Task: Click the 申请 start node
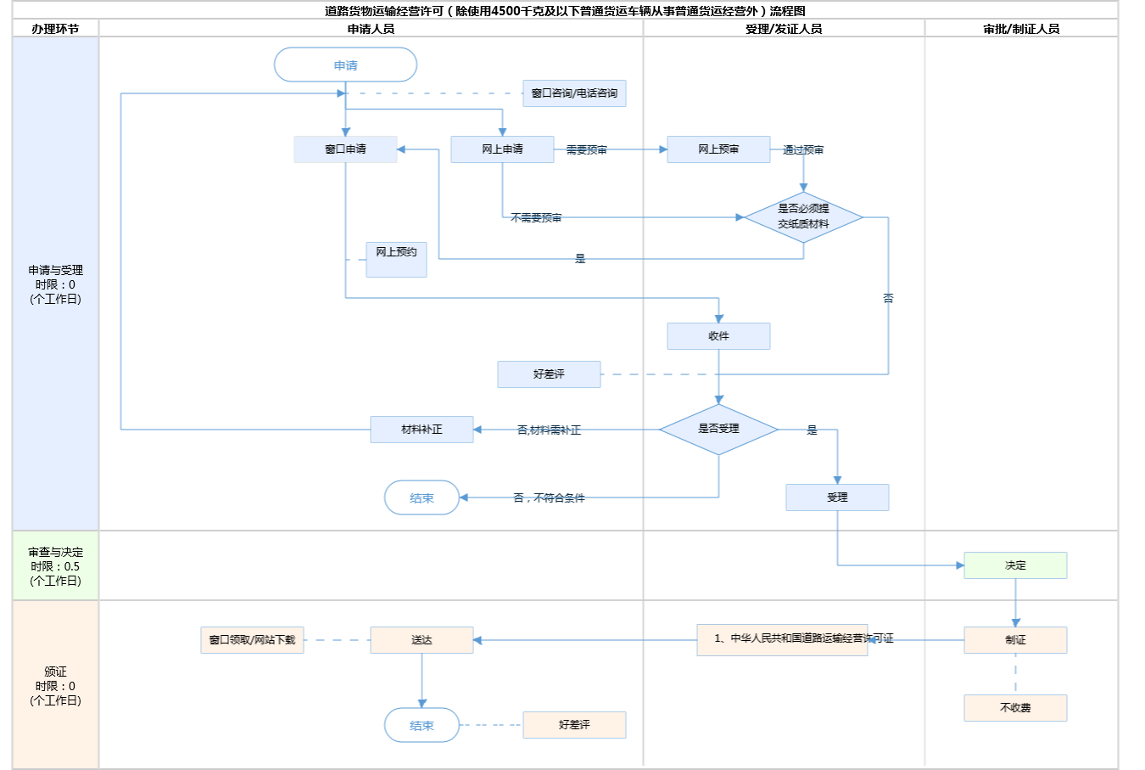[x=345, y=65]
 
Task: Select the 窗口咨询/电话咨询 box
[x=574, y=93]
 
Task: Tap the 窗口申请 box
[x=345, y=149]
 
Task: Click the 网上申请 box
[x=502, y=149]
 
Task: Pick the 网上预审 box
[x=718, y=149]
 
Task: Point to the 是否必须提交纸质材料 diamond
[x=803, y=216]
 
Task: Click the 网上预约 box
[x=396, y=259]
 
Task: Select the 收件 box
[x=718, y=336]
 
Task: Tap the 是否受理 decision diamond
[x=718, y=429]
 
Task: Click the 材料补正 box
[x=422, y=430]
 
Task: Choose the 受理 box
[x=837, y=497]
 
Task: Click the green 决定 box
[x=1015, y=565]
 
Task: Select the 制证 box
[x=1015, y=640]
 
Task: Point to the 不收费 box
[x=1015, y=708]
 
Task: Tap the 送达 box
[x=422, y=640]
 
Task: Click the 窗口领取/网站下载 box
[x=252, y=640]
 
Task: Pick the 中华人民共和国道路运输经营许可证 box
[x=782, y=639]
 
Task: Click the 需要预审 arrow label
[x=586, y=150]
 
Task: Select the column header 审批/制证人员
[x=1021, y=29]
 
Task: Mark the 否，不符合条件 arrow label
[x=549, y=498]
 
